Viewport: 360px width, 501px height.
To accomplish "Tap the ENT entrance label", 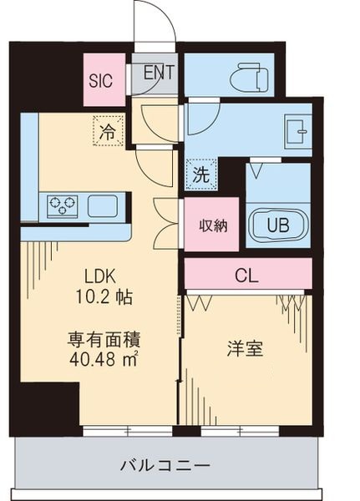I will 158,72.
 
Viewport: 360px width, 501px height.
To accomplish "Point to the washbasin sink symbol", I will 295,131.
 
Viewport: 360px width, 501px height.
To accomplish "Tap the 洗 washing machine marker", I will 201,175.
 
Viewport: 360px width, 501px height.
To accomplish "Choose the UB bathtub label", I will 274,224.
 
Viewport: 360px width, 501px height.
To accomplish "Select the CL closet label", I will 247,273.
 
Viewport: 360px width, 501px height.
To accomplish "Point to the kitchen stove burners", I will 63,205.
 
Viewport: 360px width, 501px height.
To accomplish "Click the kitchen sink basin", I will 104,205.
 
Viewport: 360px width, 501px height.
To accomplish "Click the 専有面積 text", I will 104,340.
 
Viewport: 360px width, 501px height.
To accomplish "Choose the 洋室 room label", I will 246,348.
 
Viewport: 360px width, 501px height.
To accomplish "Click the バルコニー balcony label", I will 165,465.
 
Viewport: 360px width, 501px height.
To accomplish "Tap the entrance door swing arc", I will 155,21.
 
